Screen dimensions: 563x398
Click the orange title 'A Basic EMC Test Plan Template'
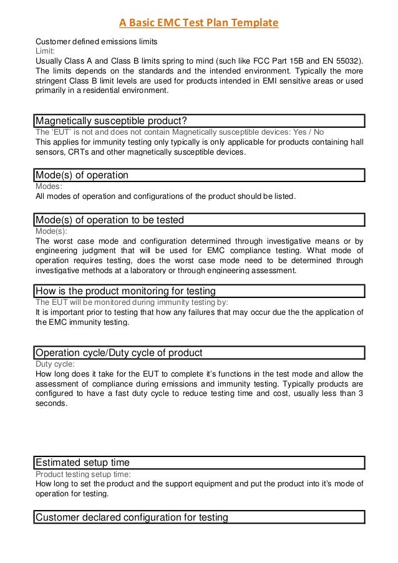point(199,24)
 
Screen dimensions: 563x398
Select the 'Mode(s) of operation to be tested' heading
point(110,219)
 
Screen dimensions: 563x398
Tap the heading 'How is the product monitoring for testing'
point(126,291)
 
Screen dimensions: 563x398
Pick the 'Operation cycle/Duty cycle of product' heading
point(119,353)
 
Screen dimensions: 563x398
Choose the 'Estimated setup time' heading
point(83,463)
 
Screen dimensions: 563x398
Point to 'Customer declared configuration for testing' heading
point(132,517)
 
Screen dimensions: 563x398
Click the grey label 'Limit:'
point(45,51)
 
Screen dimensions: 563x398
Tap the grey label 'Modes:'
point(48,186)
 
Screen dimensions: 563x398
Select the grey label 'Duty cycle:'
point(56,364)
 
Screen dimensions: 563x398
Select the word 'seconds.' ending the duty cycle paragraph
point(51,403)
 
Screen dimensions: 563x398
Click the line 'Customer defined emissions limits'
point(96,41)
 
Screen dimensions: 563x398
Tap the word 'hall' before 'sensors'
point(356,142)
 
